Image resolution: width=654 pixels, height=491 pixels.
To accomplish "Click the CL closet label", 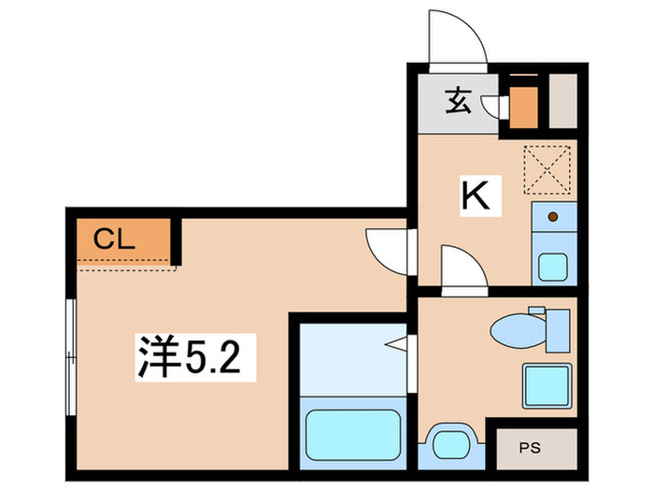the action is [x=114, y=239].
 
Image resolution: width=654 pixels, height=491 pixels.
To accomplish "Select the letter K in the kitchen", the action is [x=476, y=195].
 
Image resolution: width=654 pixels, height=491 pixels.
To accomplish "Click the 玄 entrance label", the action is [x=458, y=101].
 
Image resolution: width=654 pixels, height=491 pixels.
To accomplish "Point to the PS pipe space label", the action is [x=530, y=448].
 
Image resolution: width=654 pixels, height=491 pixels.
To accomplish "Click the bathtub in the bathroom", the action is [x=353, y=435].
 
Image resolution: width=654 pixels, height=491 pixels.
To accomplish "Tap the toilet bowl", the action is [x=519, y=331].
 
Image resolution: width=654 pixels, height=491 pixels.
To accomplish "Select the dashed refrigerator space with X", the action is [x=547, y=169].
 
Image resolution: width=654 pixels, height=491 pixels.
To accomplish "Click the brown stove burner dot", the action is [x=553, y=217].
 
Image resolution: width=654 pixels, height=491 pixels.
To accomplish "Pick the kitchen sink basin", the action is [x=553, y=267].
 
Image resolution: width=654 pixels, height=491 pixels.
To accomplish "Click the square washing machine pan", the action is [x=547, y=385].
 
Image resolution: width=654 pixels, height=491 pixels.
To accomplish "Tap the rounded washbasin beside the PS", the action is [x=451, y=444].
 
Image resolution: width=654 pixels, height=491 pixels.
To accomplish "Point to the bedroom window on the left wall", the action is [x=71, y=357].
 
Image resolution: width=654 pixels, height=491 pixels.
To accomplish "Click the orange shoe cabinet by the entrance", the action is [x=523, y=108].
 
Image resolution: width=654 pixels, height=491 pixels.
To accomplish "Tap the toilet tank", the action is [x=558, y=331].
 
